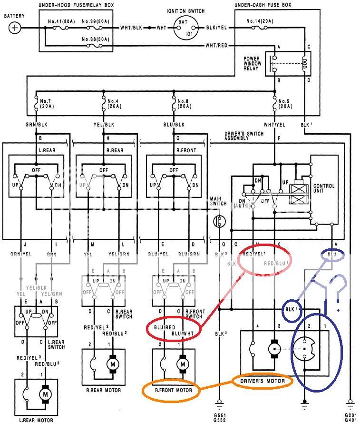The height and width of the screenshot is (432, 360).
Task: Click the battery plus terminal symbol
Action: (15, 27)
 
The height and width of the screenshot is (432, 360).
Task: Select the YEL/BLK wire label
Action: (103, 125)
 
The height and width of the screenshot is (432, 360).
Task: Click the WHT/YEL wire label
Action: (275, 125)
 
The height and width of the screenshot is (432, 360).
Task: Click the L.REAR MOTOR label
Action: (36, 420)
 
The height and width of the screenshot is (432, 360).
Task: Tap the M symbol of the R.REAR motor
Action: (114, 364)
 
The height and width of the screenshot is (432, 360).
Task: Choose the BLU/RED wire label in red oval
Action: (164, 328)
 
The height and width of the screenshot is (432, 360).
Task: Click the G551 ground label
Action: (219, 415)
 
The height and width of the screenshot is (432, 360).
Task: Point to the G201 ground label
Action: (351, 415)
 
